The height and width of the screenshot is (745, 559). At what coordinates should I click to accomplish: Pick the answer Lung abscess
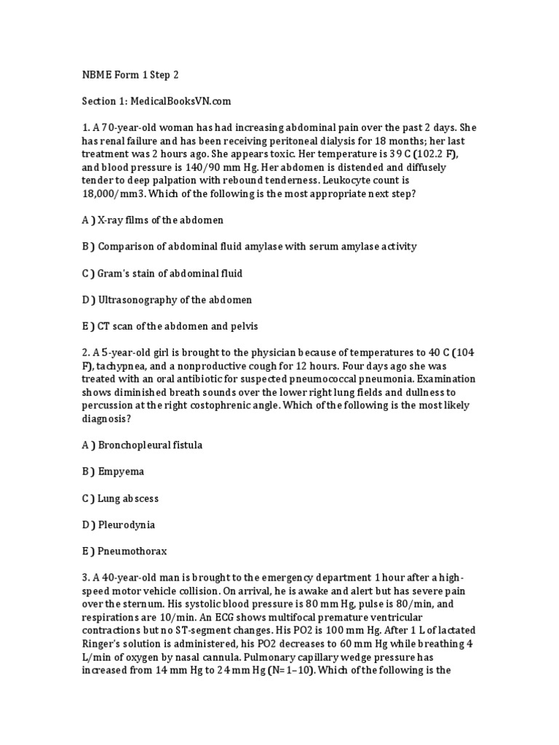pos(128,498)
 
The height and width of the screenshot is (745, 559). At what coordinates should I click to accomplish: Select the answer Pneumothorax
pos(131,551)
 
